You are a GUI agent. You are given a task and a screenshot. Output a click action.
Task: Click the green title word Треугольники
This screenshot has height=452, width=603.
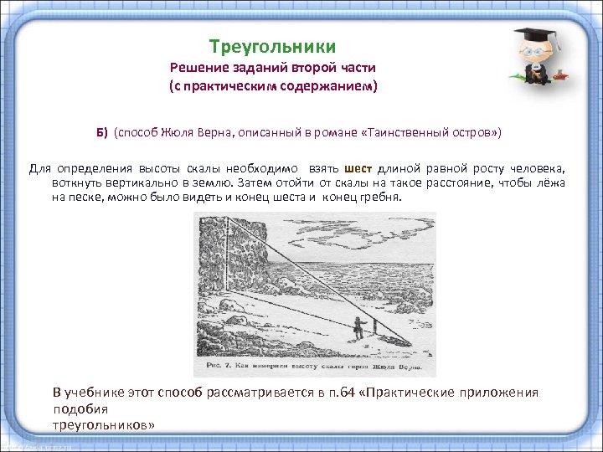pos(272,46)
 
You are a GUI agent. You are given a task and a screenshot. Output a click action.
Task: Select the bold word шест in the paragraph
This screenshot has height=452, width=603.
pos(358,168)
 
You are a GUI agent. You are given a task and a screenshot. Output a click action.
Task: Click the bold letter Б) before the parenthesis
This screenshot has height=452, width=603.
pos(101,132)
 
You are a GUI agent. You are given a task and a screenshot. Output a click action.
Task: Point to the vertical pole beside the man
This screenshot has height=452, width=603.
pos(375,327)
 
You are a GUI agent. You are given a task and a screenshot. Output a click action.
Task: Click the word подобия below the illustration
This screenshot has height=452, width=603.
pos(80,408)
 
